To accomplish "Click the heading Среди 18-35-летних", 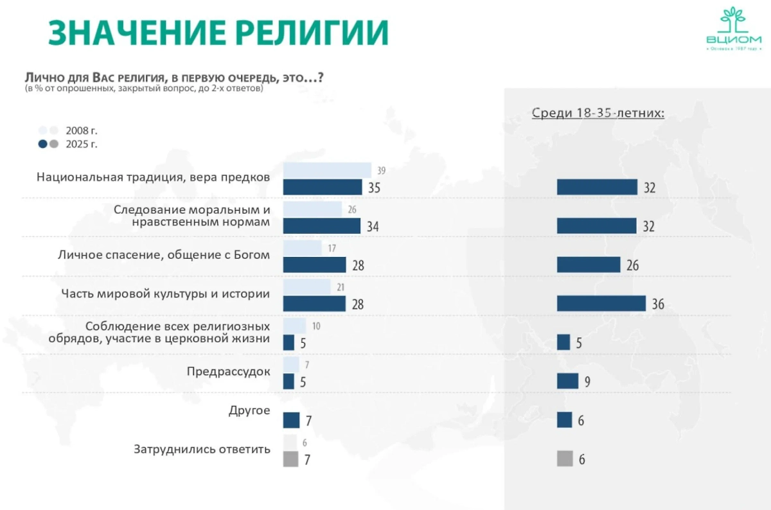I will point(598,113).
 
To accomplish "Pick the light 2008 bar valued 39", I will point(327,170).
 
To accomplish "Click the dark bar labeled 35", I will point(323,187).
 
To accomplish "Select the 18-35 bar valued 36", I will point(601,303).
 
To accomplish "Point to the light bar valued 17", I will point(302,248).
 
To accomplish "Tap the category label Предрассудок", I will point(228,371).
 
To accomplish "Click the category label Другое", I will point(249,410).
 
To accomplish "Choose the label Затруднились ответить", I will point(202,449).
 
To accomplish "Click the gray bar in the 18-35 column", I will point(565,459).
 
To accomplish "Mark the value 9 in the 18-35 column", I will point(587,382).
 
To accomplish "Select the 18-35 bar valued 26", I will point(589,265).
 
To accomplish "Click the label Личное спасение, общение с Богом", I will point(163,255).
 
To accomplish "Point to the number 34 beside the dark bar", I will point(372,227).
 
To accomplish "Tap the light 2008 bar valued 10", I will point(294,326).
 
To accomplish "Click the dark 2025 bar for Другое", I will point(291,420).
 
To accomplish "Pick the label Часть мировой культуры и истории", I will point(165,294).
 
